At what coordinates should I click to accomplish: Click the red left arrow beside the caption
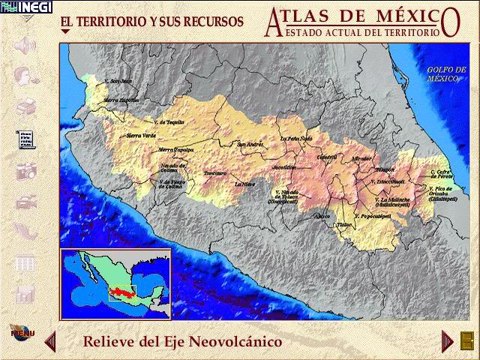51,342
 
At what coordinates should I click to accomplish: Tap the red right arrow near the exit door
447,340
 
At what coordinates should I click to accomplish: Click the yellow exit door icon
467,340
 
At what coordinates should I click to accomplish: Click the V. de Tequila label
168,121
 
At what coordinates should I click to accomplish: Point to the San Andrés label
250,145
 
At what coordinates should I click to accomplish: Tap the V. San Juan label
118,81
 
